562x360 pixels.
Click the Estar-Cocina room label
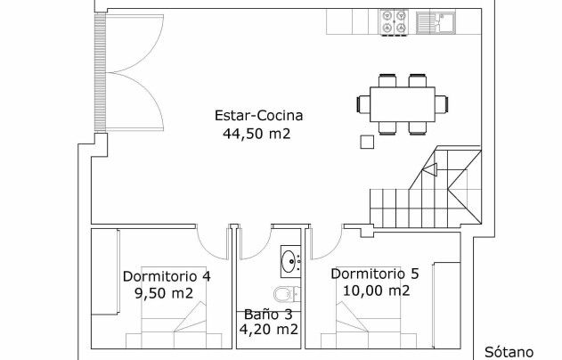tap(258, 116)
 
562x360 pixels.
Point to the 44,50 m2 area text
tap(257, 134)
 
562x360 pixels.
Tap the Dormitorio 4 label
tap(167, 276)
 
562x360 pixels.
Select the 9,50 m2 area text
tap(164, 293)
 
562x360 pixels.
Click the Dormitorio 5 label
tap(375, 274)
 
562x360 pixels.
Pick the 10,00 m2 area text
tap(376, 290)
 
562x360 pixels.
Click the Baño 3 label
tap(268, 315)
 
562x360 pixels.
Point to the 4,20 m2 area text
tap(268, 329)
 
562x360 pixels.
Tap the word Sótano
tap(509, 352)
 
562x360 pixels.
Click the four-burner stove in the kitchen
tap(394, 22)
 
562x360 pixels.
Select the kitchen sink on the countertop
tap(436, 22)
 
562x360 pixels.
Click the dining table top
tap(403, 104)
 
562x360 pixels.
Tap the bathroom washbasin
tap(290, 261)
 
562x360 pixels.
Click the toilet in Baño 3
tap(287, 294)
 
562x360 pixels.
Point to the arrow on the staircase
tap(430, 170)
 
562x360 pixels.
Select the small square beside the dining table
tap(367, 142)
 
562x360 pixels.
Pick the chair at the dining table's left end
tap(363, 104)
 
